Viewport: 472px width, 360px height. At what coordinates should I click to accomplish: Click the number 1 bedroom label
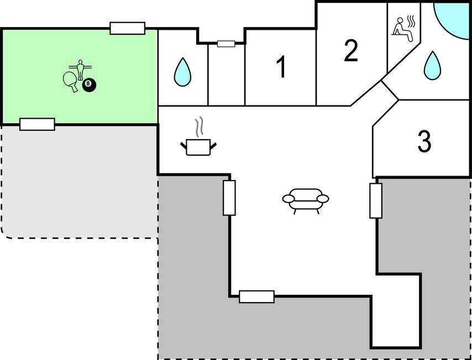282,67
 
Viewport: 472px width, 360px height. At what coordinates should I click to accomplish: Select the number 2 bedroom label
351,51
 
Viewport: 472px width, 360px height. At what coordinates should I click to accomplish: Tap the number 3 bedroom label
424,141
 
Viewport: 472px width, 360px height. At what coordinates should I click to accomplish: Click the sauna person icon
403,29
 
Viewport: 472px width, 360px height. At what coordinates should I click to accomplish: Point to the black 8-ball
89,86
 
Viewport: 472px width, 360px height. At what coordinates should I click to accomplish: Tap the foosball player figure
80,70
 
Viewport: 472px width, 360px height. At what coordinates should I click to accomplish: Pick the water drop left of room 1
182,72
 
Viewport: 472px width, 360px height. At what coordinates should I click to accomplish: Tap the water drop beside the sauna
433,66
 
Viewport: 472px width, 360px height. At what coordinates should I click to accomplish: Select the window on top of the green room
127,28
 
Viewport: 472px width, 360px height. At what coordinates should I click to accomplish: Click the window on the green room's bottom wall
38,124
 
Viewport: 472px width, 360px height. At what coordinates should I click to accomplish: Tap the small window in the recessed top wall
226,44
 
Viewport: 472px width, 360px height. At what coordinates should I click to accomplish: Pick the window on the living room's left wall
229,198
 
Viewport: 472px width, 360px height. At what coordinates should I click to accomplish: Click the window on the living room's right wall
376,200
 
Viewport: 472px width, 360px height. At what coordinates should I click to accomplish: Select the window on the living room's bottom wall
257,297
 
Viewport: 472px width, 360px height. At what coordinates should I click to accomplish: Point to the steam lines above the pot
198,128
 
